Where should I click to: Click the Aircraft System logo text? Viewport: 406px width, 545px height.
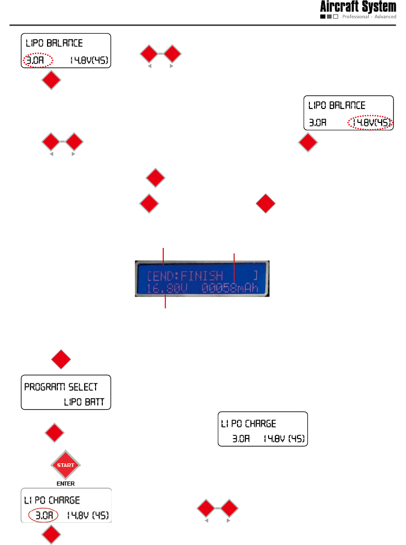point(358,7)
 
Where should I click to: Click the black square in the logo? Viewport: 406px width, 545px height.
point(323,17)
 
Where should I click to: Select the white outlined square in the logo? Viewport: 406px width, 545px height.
point(335,17)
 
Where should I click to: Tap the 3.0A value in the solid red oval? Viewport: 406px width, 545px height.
point(44,515)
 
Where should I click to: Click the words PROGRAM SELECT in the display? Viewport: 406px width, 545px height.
point(61,386)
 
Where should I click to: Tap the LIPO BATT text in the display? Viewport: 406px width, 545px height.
point(87,402)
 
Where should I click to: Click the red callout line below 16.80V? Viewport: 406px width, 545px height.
point(165,302)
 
